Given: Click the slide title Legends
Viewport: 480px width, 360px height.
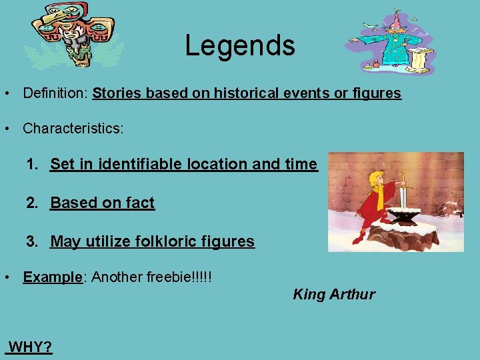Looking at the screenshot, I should (239, 45).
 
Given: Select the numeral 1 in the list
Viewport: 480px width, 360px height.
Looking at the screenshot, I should (31, 164).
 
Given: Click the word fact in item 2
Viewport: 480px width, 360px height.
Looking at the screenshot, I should (141, 203).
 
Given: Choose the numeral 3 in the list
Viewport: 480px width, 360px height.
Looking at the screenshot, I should (31, 241).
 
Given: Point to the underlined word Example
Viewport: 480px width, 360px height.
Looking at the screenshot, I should (52, 277).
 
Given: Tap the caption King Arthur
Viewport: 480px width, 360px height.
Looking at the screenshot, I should (334, 294).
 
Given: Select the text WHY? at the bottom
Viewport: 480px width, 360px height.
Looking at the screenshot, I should (31, 347).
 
